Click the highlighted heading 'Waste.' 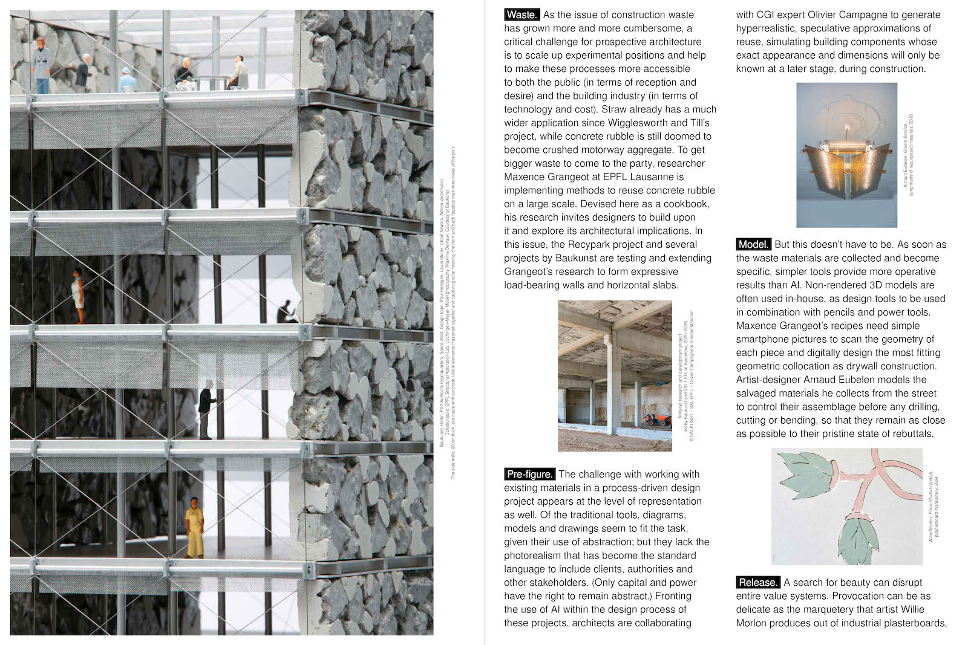point(522,15)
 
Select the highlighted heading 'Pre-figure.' point(529,475)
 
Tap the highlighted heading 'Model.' point(753,245)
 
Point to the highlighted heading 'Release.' point(758,583)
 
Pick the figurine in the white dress point(78,296)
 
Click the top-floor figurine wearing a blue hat point(126,80)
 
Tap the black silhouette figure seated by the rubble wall point(285,313)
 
